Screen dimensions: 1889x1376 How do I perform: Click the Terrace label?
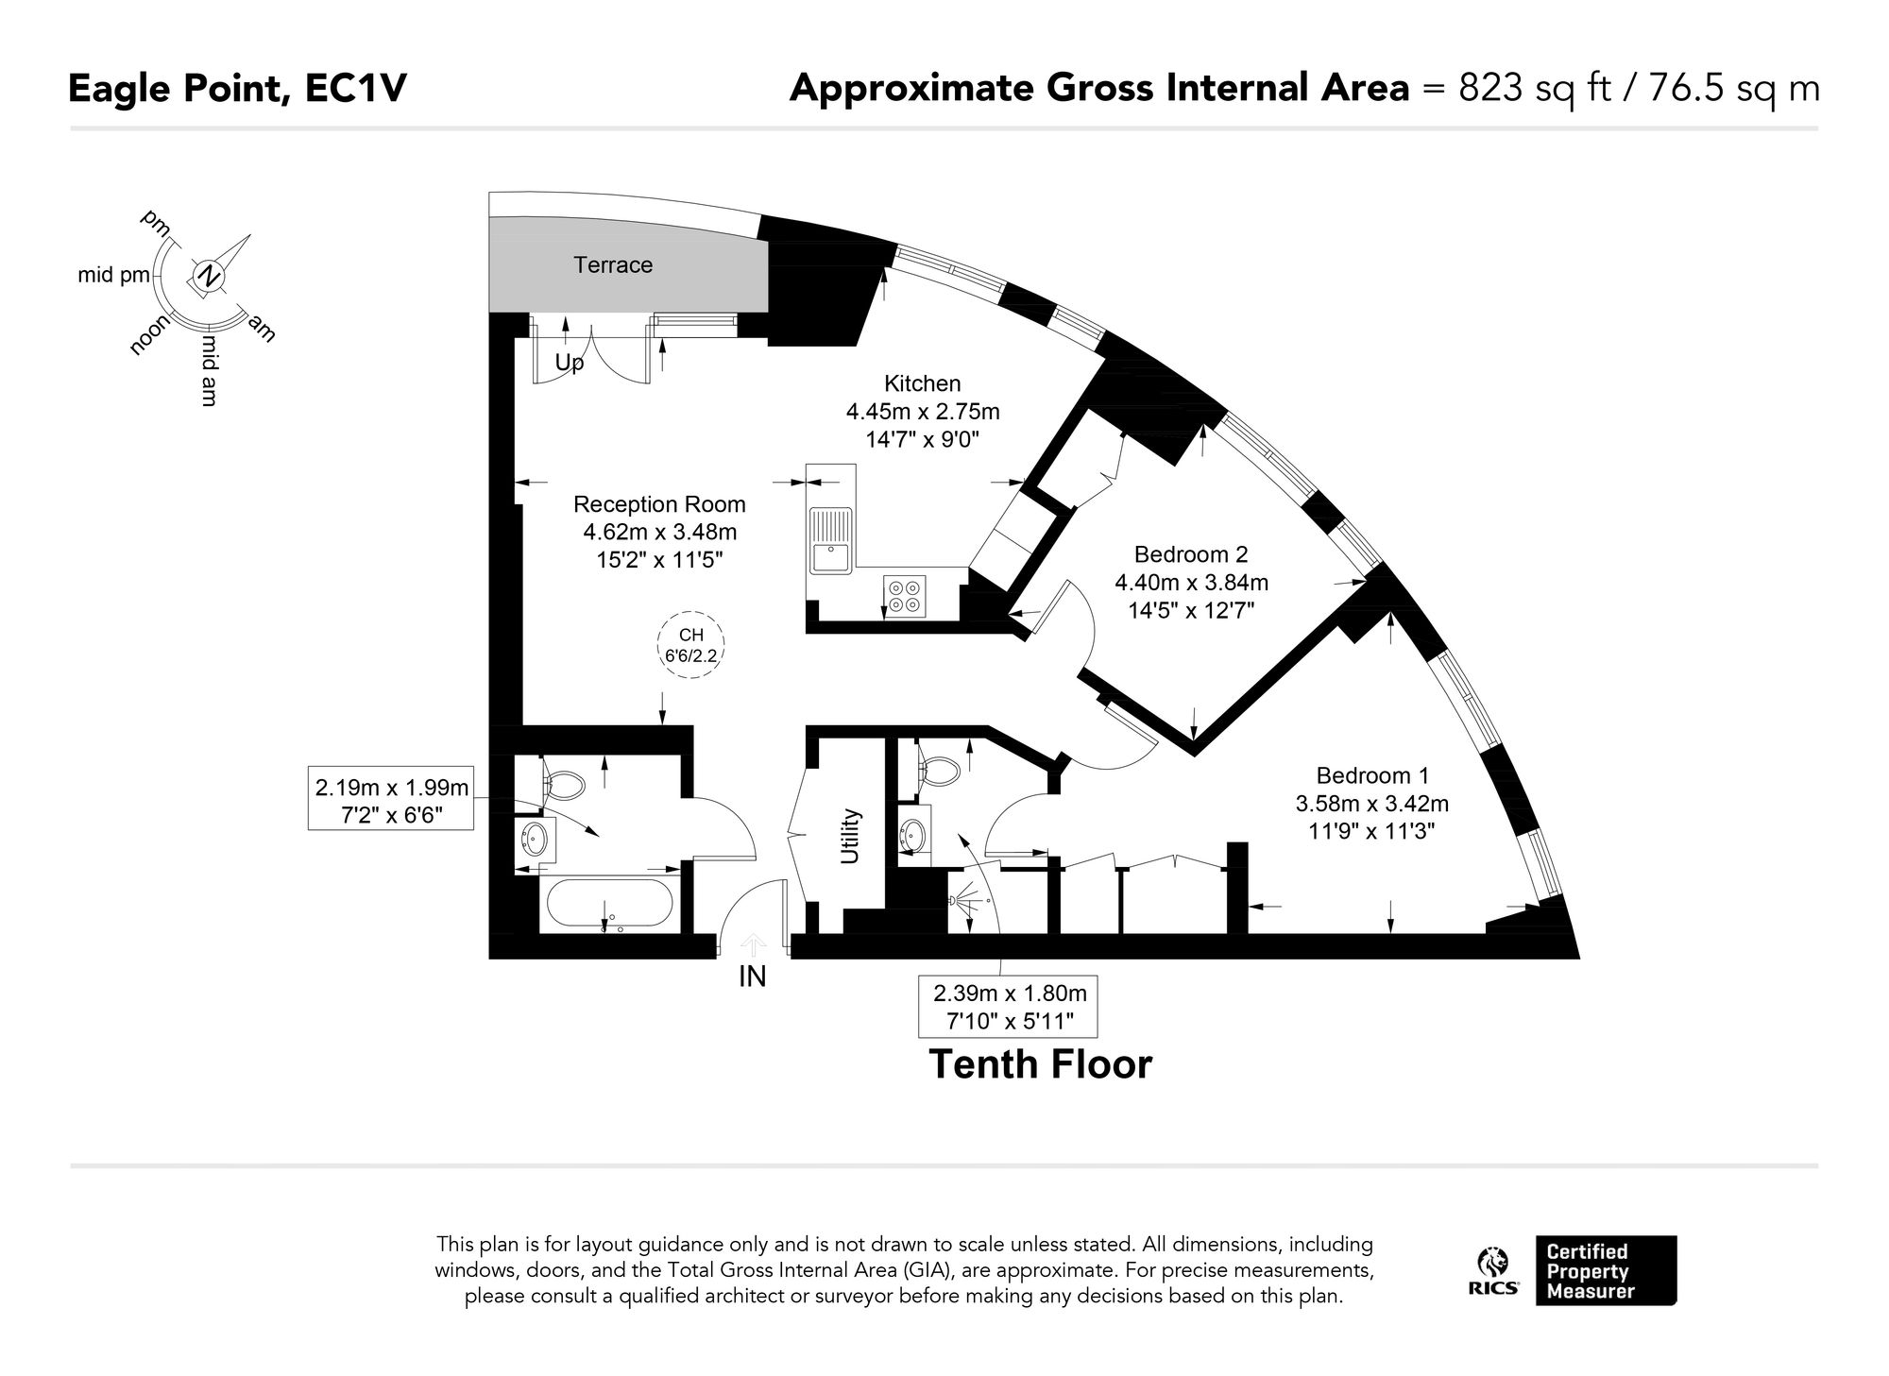coord(613,265)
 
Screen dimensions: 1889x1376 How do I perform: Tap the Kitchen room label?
coord(922,383)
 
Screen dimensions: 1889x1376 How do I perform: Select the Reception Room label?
coord(659,504)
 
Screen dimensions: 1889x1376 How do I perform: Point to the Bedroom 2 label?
coord(1191,554)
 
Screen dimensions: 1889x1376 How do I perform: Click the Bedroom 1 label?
coord(1372,775)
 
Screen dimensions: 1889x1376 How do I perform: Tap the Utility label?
coord(851,836)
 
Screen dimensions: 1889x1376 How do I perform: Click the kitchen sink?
coord(830,540)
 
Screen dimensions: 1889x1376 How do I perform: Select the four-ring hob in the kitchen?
coord(905,595)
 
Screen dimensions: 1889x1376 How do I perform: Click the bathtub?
coord(608,904)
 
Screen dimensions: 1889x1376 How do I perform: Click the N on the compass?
coord(207,277)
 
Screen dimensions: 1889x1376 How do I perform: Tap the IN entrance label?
coord(752,977)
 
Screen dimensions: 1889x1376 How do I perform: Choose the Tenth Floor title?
coord(1041,1064)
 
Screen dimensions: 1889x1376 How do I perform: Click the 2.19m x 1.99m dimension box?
coord(391,798)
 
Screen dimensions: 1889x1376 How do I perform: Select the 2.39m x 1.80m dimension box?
coord(1008,1006)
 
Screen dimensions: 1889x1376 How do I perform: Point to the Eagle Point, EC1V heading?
coord(238,89)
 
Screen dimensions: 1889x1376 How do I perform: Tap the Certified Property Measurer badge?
coord(1606,1270)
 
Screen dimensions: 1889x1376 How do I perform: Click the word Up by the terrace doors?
coord(570,363)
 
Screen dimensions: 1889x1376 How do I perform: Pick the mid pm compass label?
coord(114,276)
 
